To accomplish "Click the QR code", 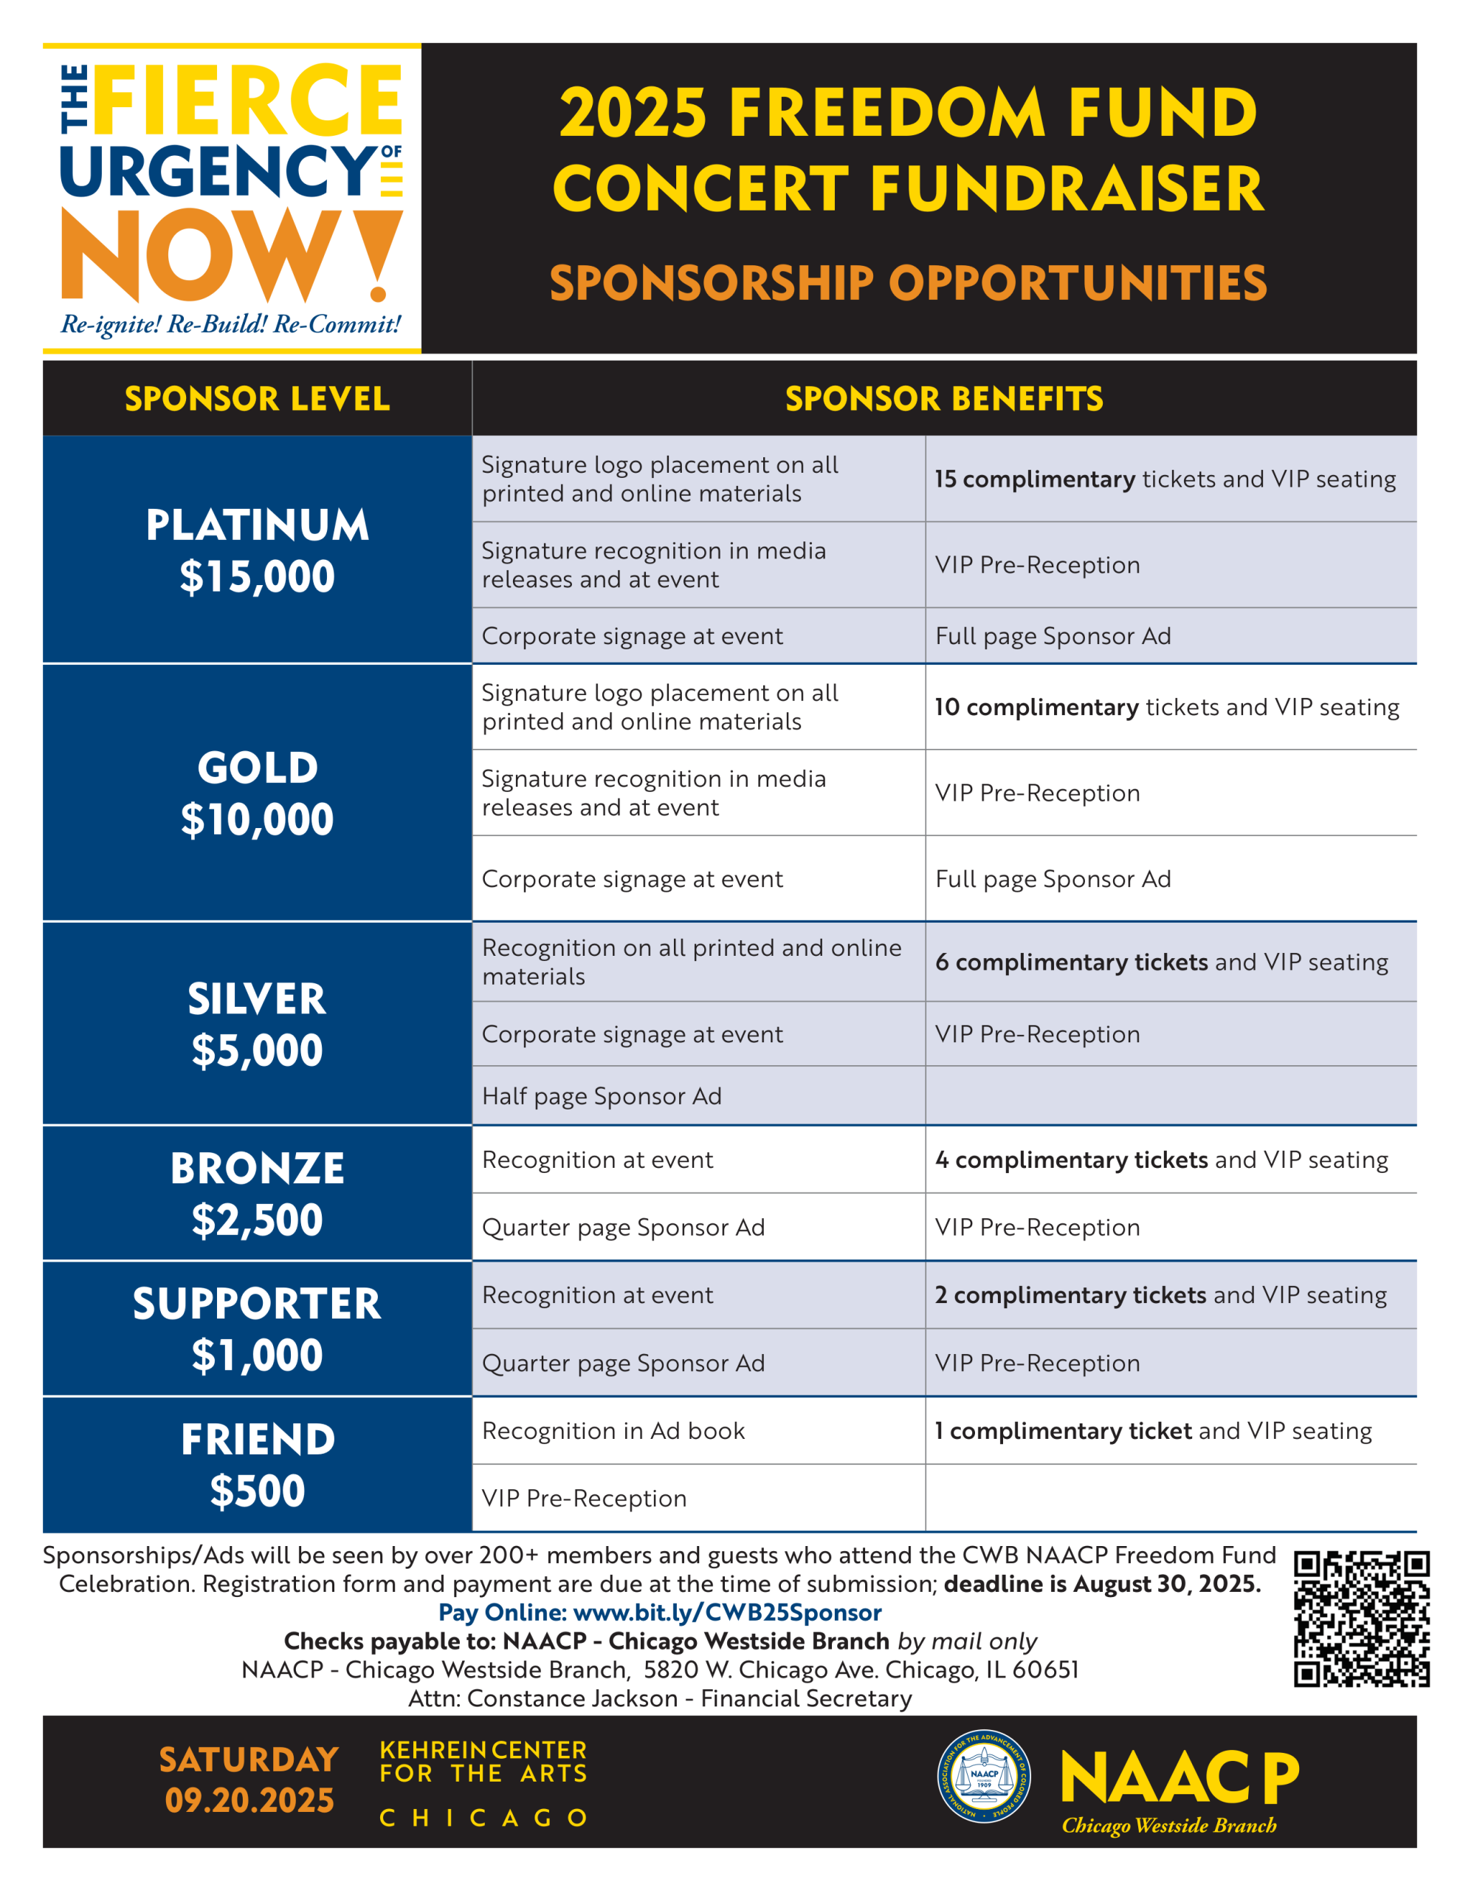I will pyautogui.click(x=1360, y=1618).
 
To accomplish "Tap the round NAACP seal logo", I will pyautogui.click(x=984, y=1777).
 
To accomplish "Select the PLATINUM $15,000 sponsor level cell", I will pyautogui.click(x=257, y=550).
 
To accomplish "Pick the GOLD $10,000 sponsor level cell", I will pyautogui.click(x=257, y=793).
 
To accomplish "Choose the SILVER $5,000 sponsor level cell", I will pyautogui.click(x=257, y=1023).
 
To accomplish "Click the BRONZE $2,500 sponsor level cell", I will pyautogui.click(x=257, y=1193).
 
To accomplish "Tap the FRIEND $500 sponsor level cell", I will pyautogui.click(x=257, y=1464).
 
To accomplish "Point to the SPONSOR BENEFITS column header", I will pyautogui.click(x=943, y=398).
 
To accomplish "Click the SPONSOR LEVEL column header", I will pyautogui.click(x=257, y=398).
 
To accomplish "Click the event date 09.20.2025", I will pyautogui.click(x=249, y=1800).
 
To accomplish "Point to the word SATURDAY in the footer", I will pyautogui.click(x=249, y=1760).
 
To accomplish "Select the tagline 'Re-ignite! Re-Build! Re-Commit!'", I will pyautogui.click(x=231, y=325).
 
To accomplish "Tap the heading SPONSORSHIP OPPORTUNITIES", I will pyautogui.click(x=908, y=283).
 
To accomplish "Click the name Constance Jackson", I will pyautogui.click(x=572, y=1698).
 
